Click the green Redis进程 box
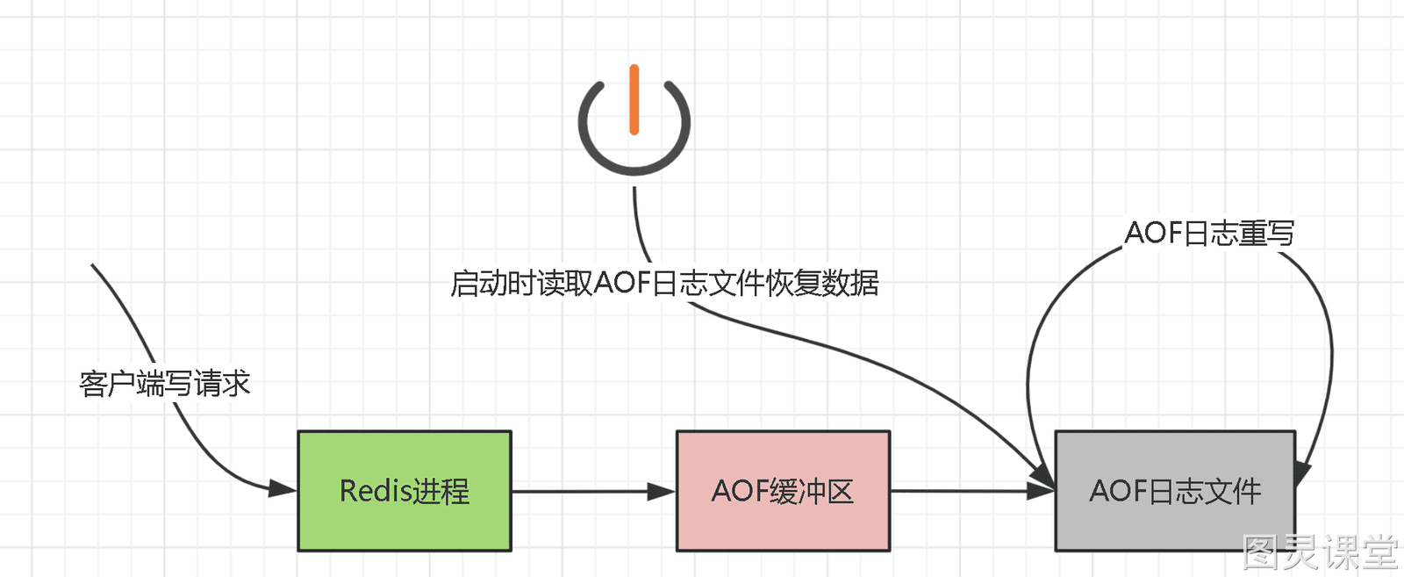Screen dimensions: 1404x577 point(405,491)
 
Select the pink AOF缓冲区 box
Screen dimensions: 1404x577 point(783,491)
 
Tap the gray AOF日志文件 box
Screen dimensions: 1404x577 point(1175,491)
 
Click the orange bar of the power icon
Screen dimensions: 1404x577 point(634,100)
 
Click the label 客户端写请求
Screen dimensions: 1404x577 point(165,383)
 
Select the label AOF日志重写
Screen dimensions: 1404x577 point(1210,233)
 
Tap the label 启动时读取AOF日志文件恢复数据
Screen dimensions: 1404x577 point(664,284)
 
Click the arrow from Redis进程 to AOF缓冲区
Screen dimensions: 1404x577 point(593,491)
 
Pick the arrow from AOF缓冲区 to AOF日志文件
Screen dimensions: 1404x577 point(973,491)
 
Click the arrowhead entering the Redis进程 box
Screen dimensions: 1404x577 point(282,488)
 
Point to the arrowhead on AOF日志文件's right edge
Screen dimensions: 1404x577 point(1302,473)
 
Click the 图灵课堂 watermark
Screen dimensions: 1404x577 point(1321,552)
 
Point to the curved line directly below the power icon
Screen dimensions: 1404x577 point(640,226)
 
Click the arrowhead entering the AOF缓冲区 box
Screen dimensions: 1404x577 point(662,491)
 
